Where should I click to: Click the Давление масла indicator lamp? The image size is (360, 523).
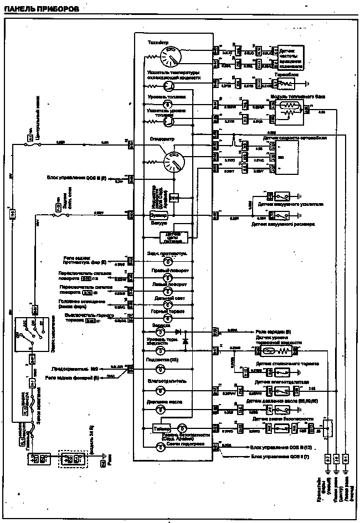click(161, 410)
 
